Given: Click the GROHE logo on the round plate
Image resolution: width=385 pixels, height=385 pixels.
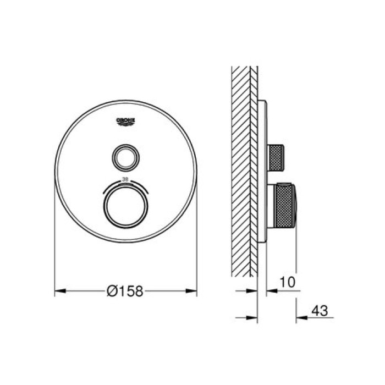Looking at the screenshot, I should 126,122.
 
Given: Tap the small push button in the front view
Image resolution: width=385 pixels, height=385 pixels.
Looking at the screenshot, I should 125,158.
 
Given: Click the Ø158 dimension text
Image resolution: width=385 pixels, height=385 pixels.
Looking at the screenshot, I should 125,291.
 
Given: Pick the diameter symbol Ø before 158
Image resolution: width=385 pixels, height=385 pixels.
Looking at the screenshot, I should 112,291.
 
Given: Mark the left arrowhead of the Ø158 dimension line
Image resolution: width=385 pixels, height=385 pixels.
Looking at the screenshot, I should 58,291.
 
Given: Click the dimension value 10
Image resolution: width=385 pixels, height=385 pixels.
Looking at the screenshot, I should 287,282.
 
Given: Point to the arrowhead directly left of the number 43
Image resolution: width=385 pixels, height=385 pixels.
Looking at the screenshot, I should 300,318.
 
